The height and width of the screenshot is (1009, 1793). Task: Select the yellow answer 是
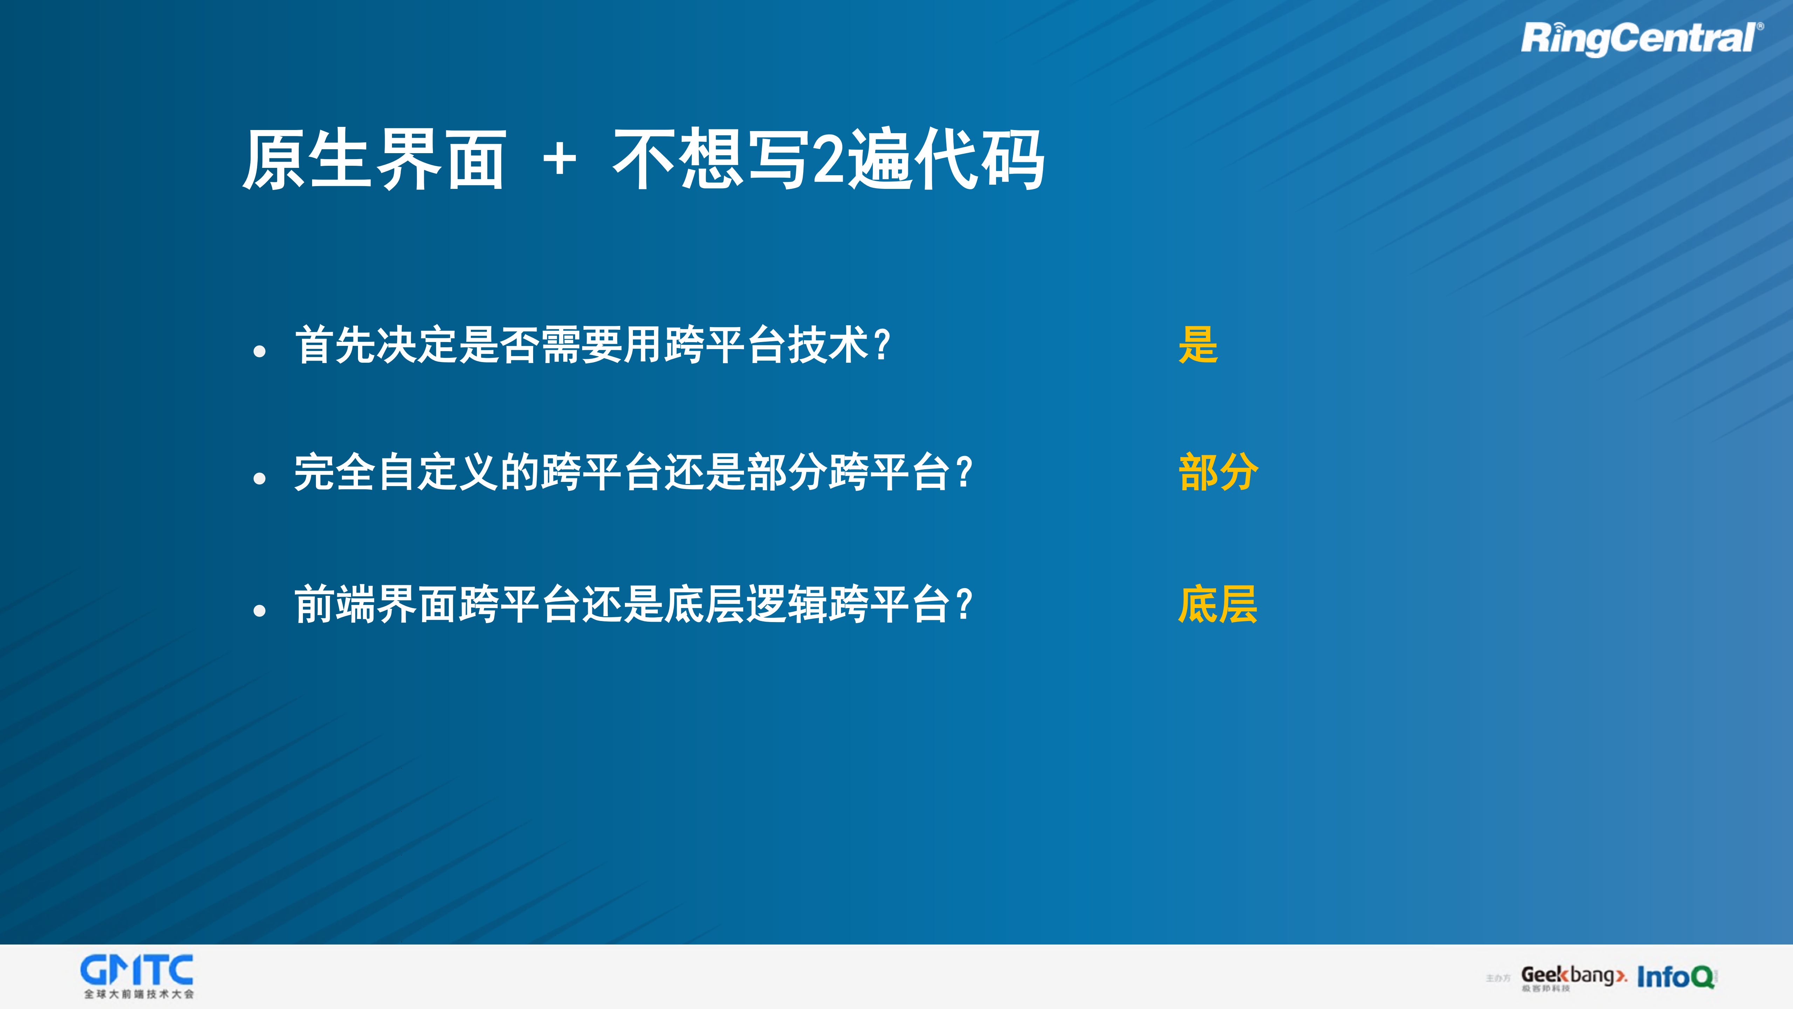tap(1198, 345)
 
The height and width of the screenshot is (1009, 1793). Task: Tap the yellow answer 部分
tap(1218, 472)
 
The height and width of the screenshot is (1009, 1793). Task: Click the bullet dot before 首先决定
tap(260, 352)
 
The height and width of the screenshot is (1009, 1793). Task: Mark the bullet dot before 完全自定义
tap(260, 478)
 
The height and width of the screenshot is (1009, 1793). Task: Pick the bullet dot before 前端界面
tap(260, 611)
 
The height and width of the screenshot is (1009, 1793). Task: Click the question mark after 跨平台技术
tap(882, 345)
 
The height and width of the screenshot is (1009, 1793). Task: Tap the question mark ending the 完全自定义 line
tap(964, 472)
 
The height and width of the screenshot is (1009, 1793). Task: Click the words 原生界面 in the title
tap(374, 160)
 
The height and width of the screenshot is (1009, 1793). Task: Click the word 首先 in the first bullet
tap(336, 345)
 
